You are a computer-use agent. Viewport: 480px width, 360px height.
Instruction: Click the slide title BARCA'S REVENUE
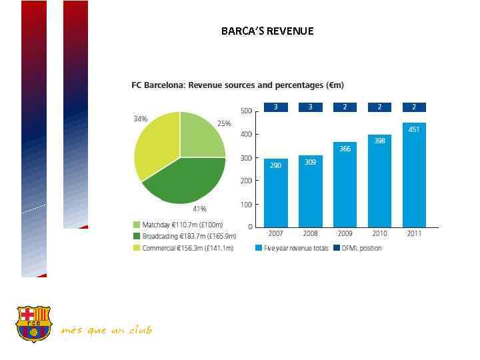pos(267,31)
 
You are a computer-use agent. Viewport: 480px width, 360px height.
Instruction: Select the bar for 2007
pos(276,193)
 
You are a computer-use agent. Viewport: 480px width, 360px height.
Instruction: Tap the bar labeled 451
pos(413,175)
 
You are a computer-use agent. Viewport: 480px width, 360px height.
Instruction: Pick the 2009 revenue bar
pos(345,185)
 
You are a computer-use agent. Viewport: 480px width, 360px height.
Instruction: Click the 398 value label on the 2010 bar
pos(379,141)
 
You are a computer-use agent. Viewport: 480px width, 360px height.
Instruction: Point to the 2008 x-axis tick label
pos(310,234)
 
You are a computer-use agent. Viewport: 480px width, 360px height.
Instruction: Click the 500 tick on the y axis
pos(246,111)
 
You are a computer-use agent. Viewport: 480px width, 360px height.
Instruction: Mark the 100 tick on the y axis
pos(246,204)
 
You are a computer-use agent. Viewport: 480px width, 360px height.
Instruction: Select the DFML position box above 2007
pos(276,107)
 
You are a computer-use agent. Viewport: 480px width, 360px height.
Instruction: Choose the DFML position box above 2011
pos(413,107)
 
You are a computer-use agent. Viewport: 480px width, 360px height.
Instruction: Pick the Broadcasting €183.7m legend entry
pos(183,236)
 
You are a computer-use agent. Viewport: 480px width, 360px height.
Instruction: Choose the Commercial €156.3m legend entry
pos(183,248)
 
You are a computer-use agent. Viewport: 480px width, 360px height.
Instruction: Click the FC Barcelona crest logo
pos(33,323)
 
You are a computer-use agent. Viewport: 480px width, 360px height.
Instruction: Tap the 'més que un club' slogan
pos(106,330)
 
